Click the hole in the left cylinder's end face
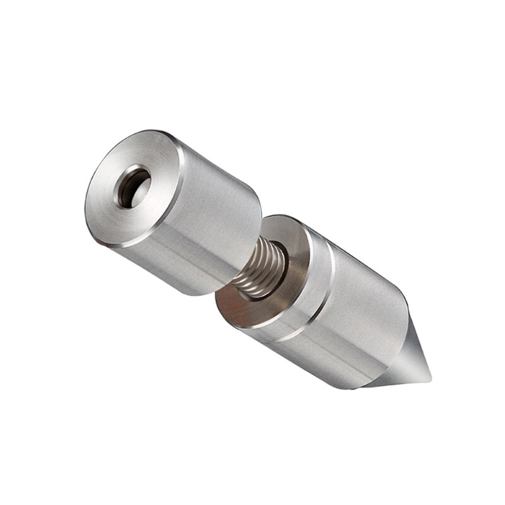point(134,187)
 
